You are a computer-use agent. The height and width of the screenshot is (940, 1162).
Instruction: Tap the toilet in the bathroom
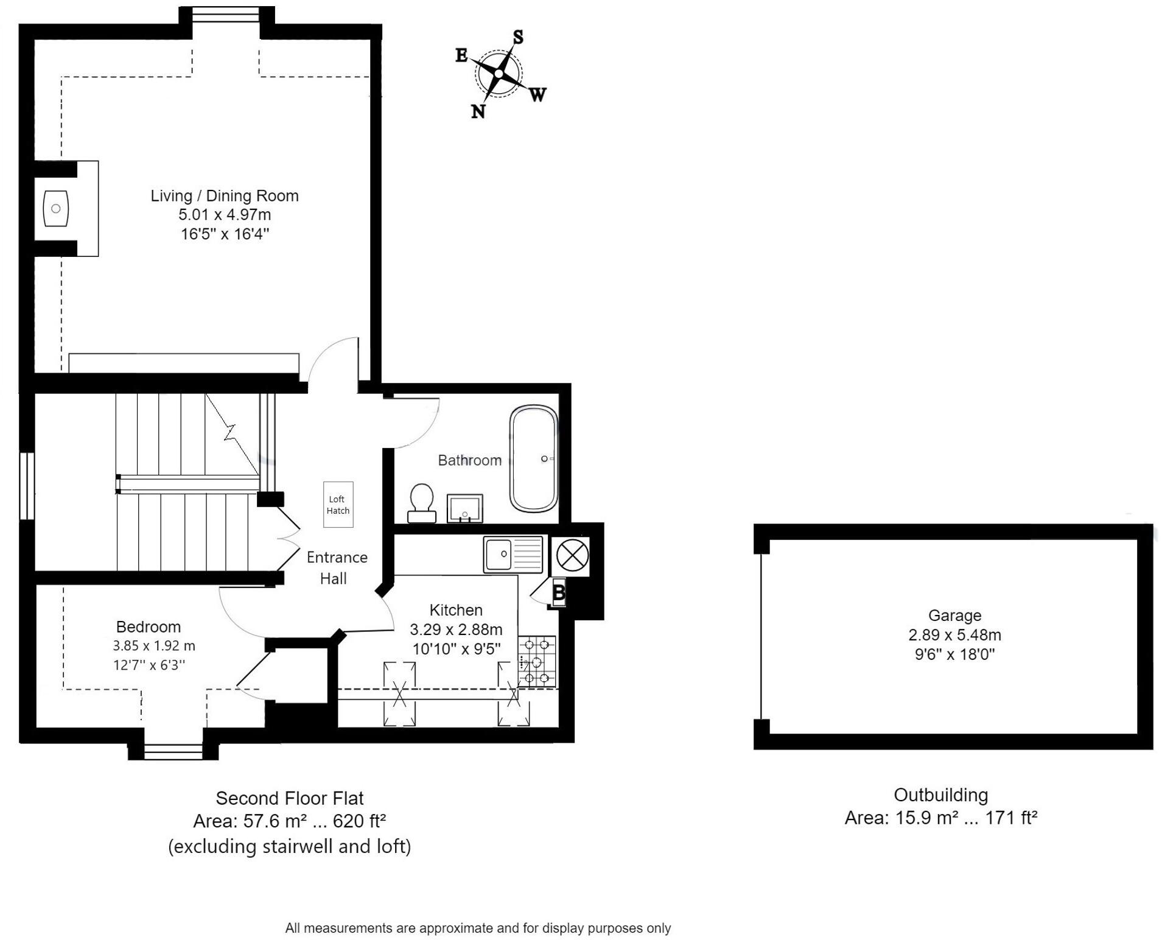tap(421, 503)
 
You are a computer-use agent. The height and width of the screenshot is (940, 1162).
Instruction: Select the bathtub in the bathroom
tap(533, 459)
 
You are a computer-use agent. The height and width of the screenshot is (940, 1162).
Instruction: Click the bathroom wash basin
tap(464, 508)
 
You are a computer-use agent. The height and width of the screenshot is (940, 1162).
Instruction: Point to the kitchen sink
tap(512, 554)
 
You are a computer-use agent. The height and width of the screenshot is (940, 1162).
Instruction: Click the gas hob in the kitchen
tap(536, 661)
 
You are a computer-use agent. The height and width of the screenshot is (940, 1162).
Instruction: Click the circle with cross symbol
tap(572, 555)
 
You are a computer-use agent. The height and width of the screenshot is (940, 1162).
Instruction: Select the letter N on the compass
tap(478, 111)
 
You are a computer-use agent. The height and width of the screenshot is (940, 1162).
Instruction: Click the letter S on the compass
tap(518, 37)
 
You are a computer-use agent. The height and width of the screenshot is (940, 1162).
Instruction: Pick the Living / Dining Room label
tap(225, 196)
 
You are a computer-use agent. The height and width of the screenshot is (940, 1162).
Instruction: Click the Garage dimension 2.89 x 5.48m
tap(954, 635)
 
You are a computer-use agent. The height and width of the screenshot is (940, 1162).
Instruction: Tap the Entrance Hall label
tap(336, 567)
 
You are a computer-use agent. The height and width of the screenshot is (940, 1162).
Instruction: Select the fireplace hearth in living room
tap(56, 208)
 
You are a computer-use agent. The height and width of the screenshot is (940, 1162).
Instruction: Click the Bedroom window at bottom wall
tap(173, 752)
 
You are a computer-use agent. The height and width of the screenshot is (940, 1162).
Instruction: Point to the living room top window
tap(226, 15)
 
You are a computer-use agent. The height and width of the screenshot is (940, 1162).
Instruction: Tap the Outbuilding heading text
tap(940, 794)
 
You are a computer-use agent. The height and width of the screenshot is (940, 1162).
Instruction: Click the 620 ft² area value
tap(359, 821)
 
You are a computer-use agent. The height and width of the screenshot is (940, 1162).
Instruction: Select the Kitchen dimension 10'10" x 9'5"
tap(457, 649)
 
